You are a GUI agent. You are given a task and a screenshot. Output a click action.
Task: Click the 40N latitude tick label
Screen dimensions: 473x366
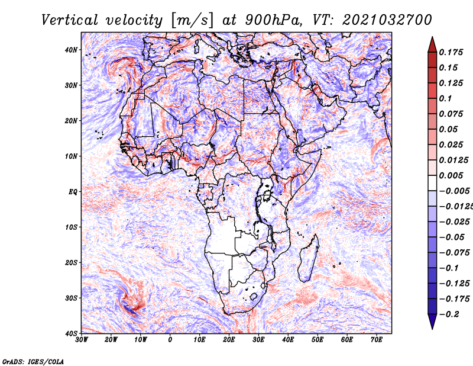pyautogui.click(x=71, y=50)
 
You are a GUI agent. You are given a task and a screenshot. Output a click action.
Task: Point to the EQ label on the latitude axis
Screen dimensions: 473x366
pyautogui.click(x=73, y=192)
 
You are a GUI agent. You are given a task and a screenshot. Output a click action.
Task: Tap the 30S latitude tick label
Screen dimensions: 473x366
pyautogui.click(x=71, y=298)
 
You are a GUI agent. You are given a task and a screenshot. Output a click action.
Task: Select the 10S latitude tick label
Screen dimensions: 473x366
pyautogui.click(x=71, y=227)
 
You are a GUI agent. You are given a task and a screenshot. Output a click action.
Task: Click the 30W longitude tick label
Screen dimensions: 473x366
pyautogui.click(x=82, y=340)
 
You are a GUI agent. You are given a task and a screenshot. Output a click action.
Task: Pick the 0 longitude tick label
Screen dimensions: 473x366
pyautogui.click(x=170, y=340)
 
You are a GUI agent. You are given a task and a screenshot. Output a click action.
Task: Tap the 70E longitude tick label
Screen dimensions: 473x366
pyautogui.click(x=376, y=340)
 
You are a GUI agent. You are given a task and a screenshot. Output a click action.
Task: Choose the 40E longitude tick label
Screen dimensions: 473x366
pyautogui.click(x=288, y=340)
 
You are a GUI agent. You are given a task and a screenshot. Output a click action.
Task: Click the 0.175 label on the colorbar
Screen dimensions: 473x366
pyautogui.click(x=451, y=53)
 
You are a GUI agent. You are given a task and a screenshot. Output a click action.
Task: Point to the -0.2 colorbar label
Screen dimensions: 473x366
pyautogui.click(x=449, y=314)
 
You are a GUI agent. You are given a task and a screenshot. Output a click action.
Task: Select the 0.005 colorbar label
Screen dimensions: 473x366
pyautogui.click(x=451, y=175)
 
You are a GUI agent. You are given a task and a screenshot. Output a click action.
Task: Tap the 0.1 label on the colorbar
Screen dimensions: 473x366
pyautogui.click(x=445, y=98)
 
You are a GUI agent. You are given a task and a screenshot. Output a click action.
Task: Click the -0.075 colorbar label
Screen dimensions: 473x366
pyautogui.click(x=454, y=253)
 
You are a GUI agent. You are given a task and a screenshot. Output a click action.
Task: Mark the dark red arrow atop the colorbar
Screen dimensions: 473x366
pyautogui.click(x=432, y=44)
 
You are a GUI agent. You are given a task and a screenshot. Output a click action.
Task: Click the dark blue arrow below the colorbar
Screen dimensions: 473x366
pyautogui.click(x=432, y=322)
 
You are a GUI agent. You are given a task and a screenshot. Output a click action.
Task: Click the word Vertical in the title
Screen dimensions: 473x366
pyautogui.click(x=70, y=20)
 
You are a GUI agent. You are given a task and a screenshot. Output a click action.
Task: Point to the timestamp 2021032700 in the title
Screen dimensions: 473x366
pyautogui.click(x=387, y=20)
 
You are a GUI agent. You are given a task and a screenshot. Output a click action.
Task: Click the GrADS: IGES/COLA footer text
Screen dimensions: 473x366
pyautogui.click(x=33, y=361)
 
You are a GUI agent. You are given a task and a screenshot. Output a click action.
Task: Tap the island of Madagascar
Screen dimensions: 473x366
pyautogui.click(x=309, y=258)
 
